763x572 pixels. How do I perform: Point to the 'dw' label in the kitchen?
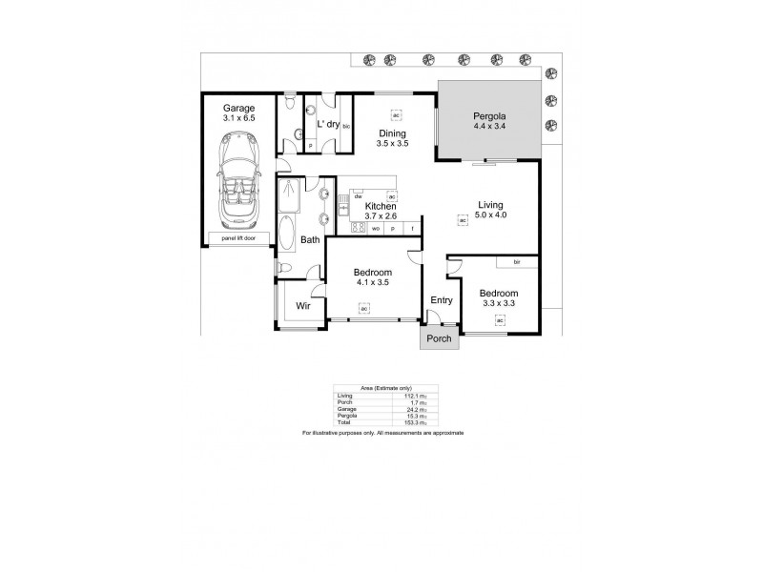pyautogui.click(x=358, y=196)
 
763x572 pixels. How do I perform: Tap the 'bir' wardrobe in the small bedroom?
pyautogui.click(x=516, y=261)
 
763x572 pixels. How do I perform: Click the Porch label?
pyautogui.click(x=438, y=338)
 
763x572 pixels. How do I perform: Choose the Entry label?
pyautogui.click(x=441, y=300)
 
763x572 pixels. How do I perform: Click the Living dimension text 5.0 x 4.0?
pyautogui.click(x=491, y=214)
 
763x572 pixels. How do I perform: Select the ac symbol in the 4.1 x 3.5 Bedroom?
pyautogui.click(x=363, y=307)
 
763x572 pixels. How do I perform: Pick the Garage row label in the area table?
pyautogui.click(x=344, y=407)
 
